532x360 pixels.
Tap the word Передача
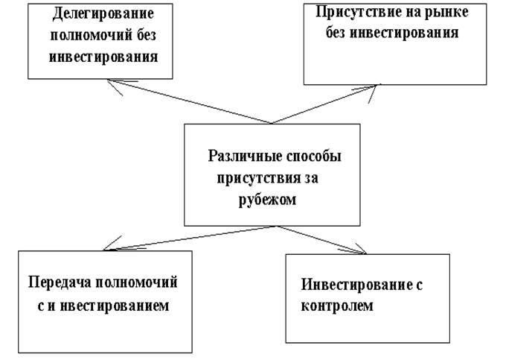pyautogui.click(x=60, y=284)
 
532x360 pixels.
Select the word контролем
pyautogui.click(x=336, y=306)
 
